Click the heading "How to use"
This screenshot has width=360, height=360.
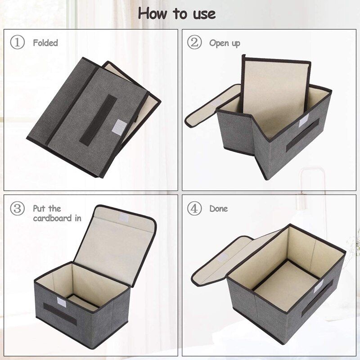(x=177, y=13)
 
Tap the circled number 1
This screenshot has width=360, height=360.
(x=17, y=43)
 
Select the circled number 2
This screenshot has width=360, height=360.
(x=193, y=43)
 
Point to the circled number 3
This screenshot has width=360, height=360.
(x=17, y=209)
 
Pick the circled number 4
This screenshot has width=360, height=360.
(x=193, y=209)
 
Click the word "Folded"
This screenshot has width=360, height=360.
(x=45, y=43)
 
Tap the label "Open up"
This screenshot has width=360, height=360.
(x=225, y=43)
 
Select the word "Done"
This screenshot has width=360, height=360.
(x=218, y=209)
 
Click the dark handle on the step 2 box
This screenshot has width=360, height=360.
(x=302, y=135)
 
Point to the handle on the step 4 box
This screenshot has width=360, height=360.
(x=317, y=297)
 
